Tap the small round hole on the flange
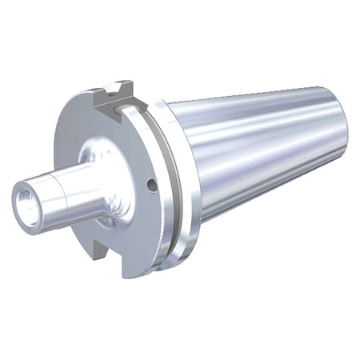(151, 186)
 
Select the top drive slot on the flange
(111, 97)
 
